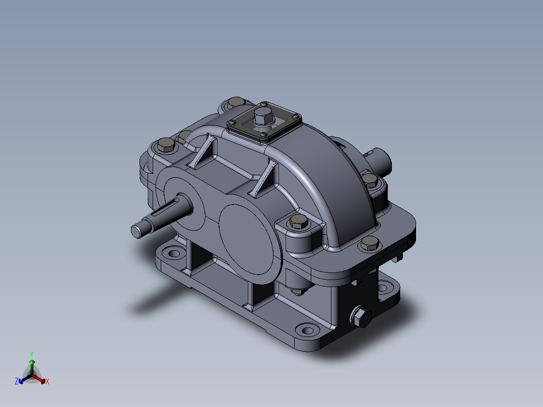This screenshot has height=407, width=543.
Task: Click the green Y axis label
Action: [x=32, y=354]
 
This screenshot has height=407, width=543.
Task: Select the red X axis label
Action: [x=47, y=381]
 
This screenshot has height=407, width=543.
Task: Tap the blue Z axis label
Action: [x=17, y=381]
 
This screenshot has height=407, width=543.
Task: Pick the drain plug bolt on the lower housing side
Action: [x=361, y=316]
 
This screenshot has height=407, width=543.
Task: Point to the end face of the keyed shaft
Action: [x=137, y=231]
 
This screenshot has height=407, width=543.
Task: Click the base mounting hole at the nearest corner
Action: [x=307, y=330]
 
